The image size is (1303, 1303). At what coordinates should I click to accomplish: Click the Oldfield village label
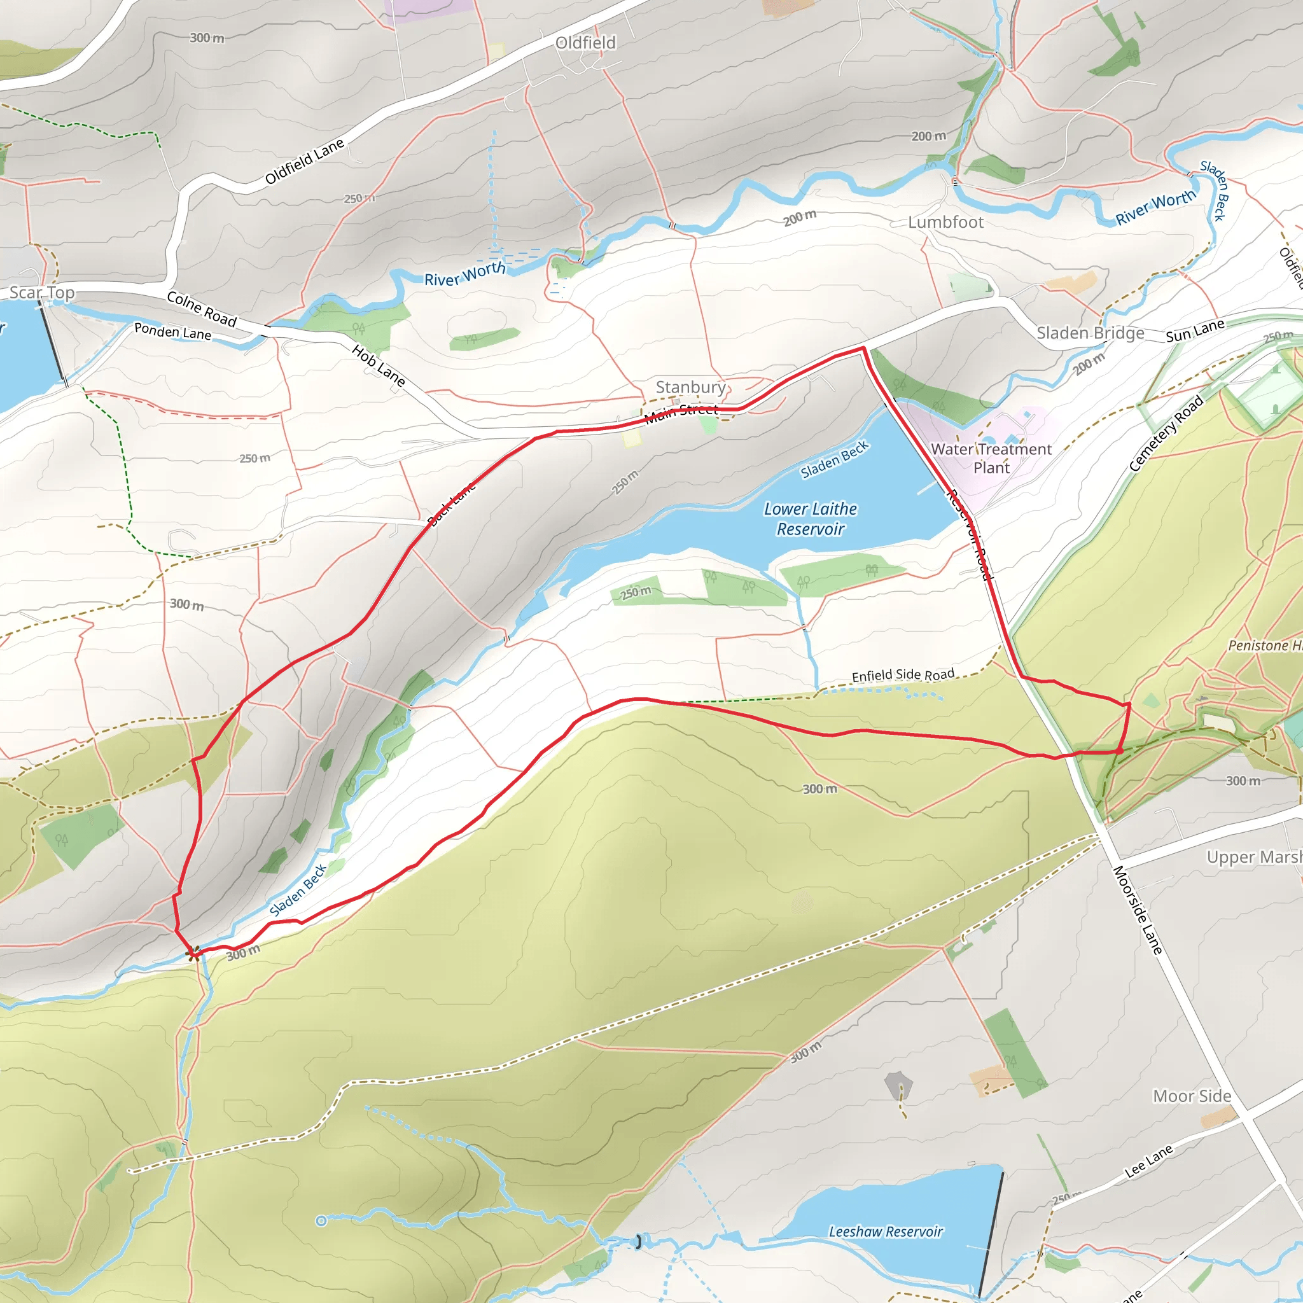(x=585, y=43)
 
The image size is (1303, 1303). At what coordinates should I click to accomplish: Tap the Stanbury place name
(x=690, y=387)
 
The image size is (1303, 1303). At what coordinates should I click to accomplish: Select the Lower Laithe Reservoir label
(x=810, y=519)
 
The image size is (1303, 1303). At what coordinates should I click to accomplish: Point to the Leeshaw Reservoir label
(x=886, y=1232)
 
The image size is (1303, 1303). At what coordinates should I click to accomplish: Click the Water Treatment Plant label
(x=991, y=459)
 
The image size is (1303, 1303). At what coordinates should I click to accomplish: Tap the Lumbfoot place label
(x=945, y=223)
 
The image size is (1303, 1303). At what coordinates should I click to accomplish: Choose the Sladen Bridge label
(x=1090, y=333)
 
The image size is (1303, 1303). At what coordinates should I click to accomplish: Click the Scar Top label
(x=42, y=293)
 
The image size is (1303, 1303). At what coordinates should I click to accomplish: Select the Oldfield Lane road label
(x=304, y=162)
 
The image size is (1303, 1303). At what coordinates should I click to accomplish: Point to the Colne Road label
(x=202, y=309)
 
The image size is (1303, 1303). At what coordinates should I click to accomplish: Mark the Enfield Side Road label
(x=903, y=675)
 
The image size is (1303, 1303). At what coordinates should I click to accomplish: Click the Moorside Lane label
(x=1138, y=910)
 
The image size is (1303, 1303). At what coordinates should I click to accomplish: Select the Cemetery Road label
(x=1166, y=434)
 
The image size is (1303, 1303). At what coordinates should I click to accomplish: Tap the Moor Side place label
(x=1192, y=1097)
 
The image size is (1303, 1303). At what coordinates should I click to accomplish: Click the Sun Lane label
(x=1195, y=330)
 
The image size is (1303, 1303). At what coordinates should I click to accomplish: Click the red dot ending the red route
(x=1120, y=751)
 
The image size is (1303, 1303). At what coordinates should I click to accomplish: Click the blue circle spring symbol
(x=322, y=1221)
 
